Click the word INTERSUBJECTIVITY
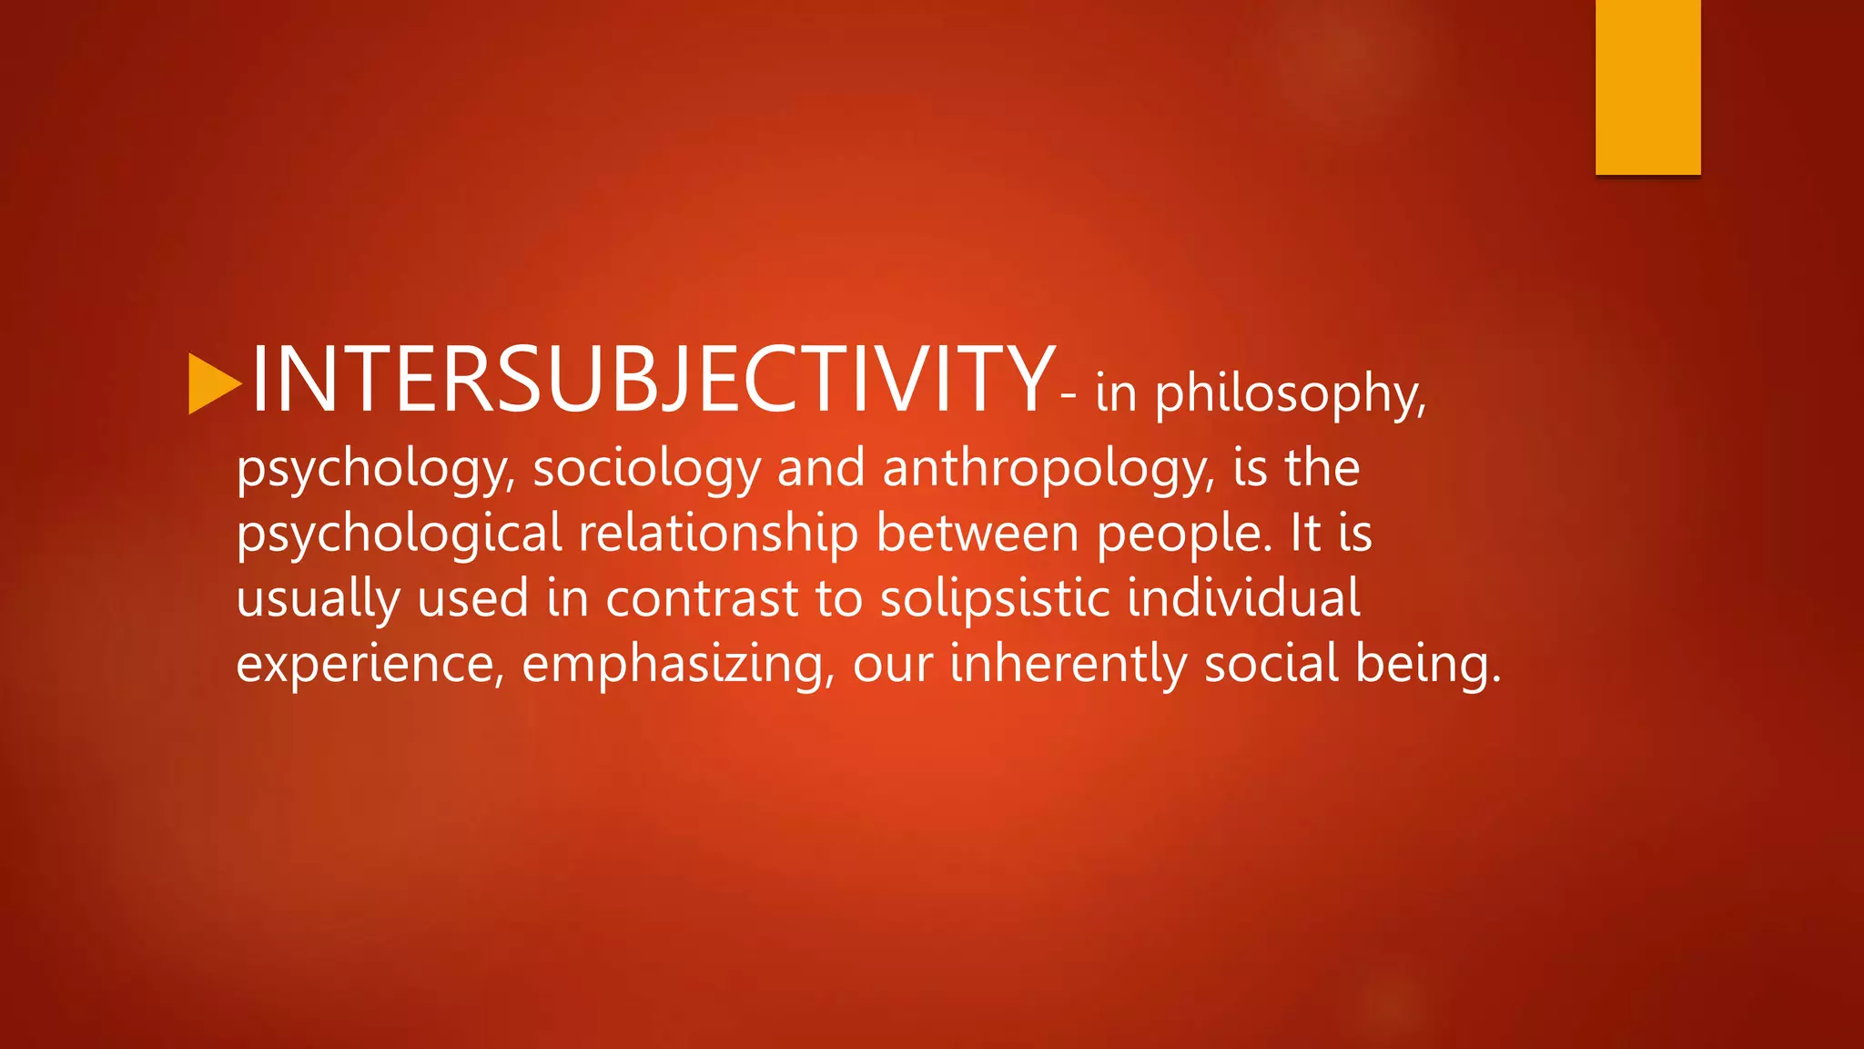652,379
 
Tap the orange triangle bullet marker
213,383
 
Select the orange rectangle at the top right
1647,87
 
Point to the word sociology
645,470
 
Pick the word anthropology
1048,470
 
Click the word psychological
399,535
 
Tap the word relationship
718,535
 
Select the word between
978,533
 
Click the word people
1183,535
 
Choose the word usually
318,600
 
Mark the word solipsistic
995,599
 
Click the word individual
1243,598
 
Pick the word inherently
1068,664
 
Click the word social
1271,663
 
